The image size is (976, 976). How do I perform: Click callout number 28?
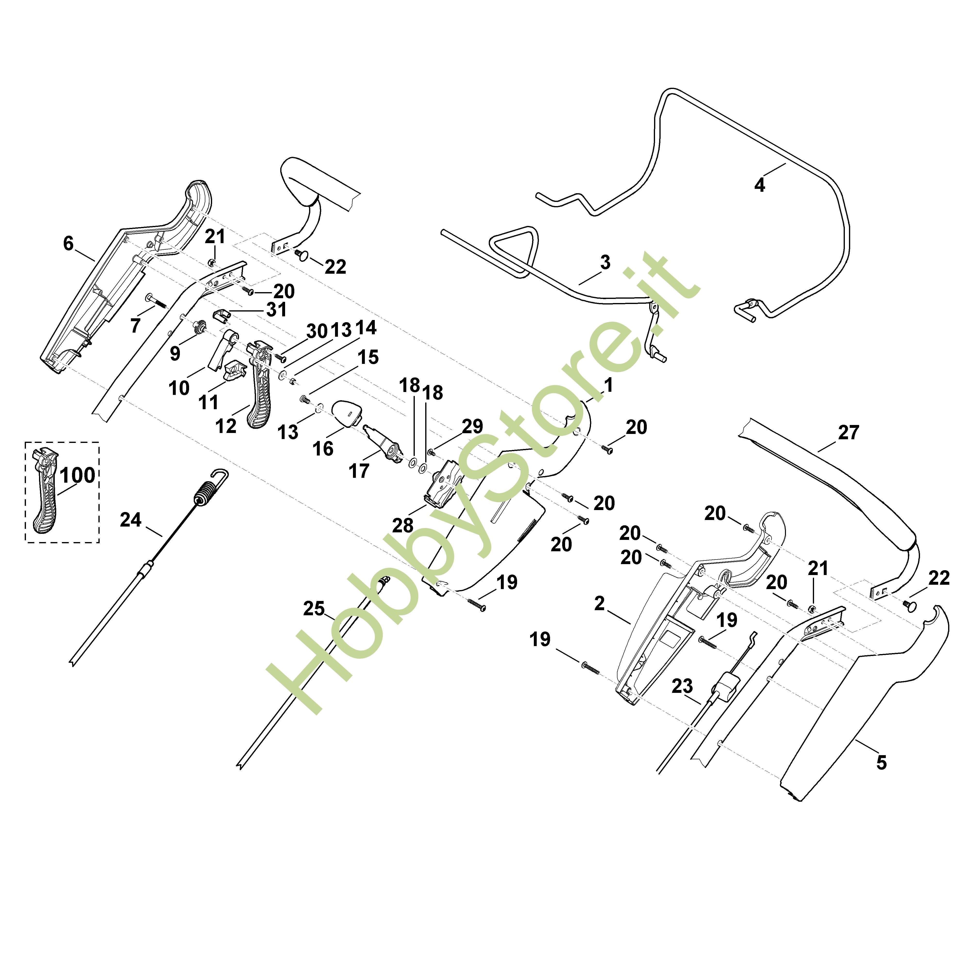[403, 525]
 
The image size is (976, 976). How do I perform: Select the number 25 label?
[314, 609]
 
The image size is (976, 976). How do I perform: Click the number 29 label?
[472, 426]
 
